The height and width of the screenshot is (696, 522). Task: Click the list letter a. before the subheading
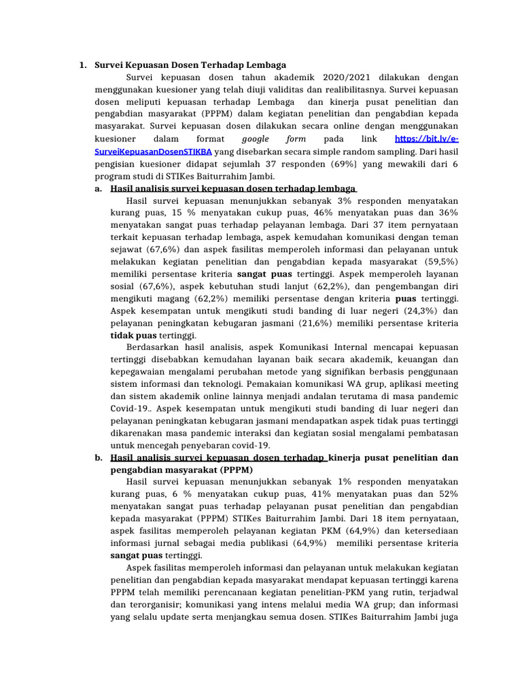tap(99, 188)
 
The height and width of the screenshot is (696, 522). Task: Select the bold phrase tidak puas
tap(133, 335)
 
